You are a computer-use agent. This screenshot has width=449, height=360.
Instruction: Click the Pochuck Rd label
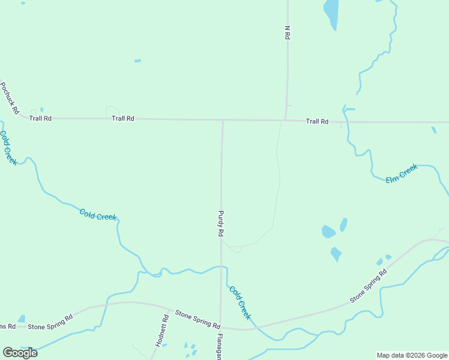10,98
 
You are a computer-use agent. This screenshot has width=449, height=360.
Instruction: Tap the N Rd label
288,32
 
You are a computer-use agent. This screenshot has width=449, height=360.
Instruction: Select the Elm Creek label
401,174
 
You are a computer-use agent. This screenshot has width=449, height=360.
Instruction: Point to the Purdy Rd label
221,223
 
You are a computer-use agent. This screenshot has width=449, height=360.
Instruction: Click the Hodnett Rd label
160,330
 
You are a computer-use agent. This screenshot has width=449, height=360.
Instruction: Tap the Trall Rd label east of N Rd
317,121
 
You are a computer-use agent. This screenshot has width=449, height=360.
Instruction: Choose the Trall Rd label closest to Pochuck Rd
40,118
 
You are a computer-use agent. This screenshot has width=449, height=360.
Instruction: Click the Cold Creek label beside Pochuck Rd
8,148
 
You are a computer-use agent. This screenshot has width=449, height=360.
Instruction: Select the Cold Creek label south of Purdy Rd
240,302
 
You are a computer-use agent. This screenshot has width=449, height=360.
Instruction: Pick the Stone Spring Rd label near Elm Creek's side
369,287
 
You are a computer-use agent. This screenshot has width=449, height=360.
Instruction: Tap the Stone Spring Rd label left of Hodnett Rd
50,326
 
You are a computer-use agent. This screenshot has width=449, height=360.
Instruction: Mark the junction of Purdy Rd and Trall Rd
223,120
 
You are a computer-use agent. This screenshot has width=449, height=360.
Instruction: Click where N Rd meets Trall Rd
286,121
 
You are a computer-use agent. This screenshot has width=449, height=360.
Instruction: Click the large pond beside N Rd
331,13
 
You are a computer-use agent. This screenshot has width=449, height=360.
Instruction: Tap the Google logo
20,353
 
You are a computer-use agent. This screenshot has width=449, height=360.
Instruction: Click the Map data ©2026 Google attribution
412,355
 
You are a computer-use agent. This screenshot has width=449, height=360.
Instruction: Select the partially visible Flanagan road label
220,347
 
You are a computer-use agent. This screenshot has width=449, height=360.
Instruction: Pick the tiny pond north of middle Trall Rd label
137,61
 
